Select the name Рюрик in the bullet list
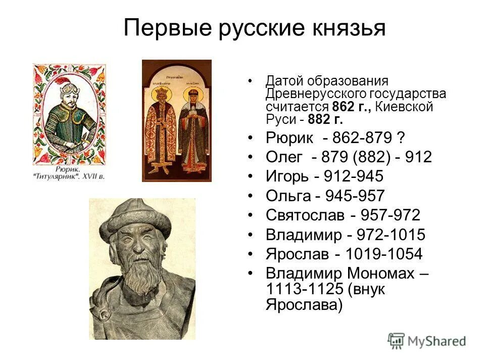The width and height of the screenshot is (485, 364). [x=289, y=138]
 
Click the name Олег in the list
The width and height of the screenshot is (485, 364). [x=284, y=157]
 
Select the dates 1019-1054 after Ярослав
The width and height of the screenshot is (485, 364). [x=387, y=254]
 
